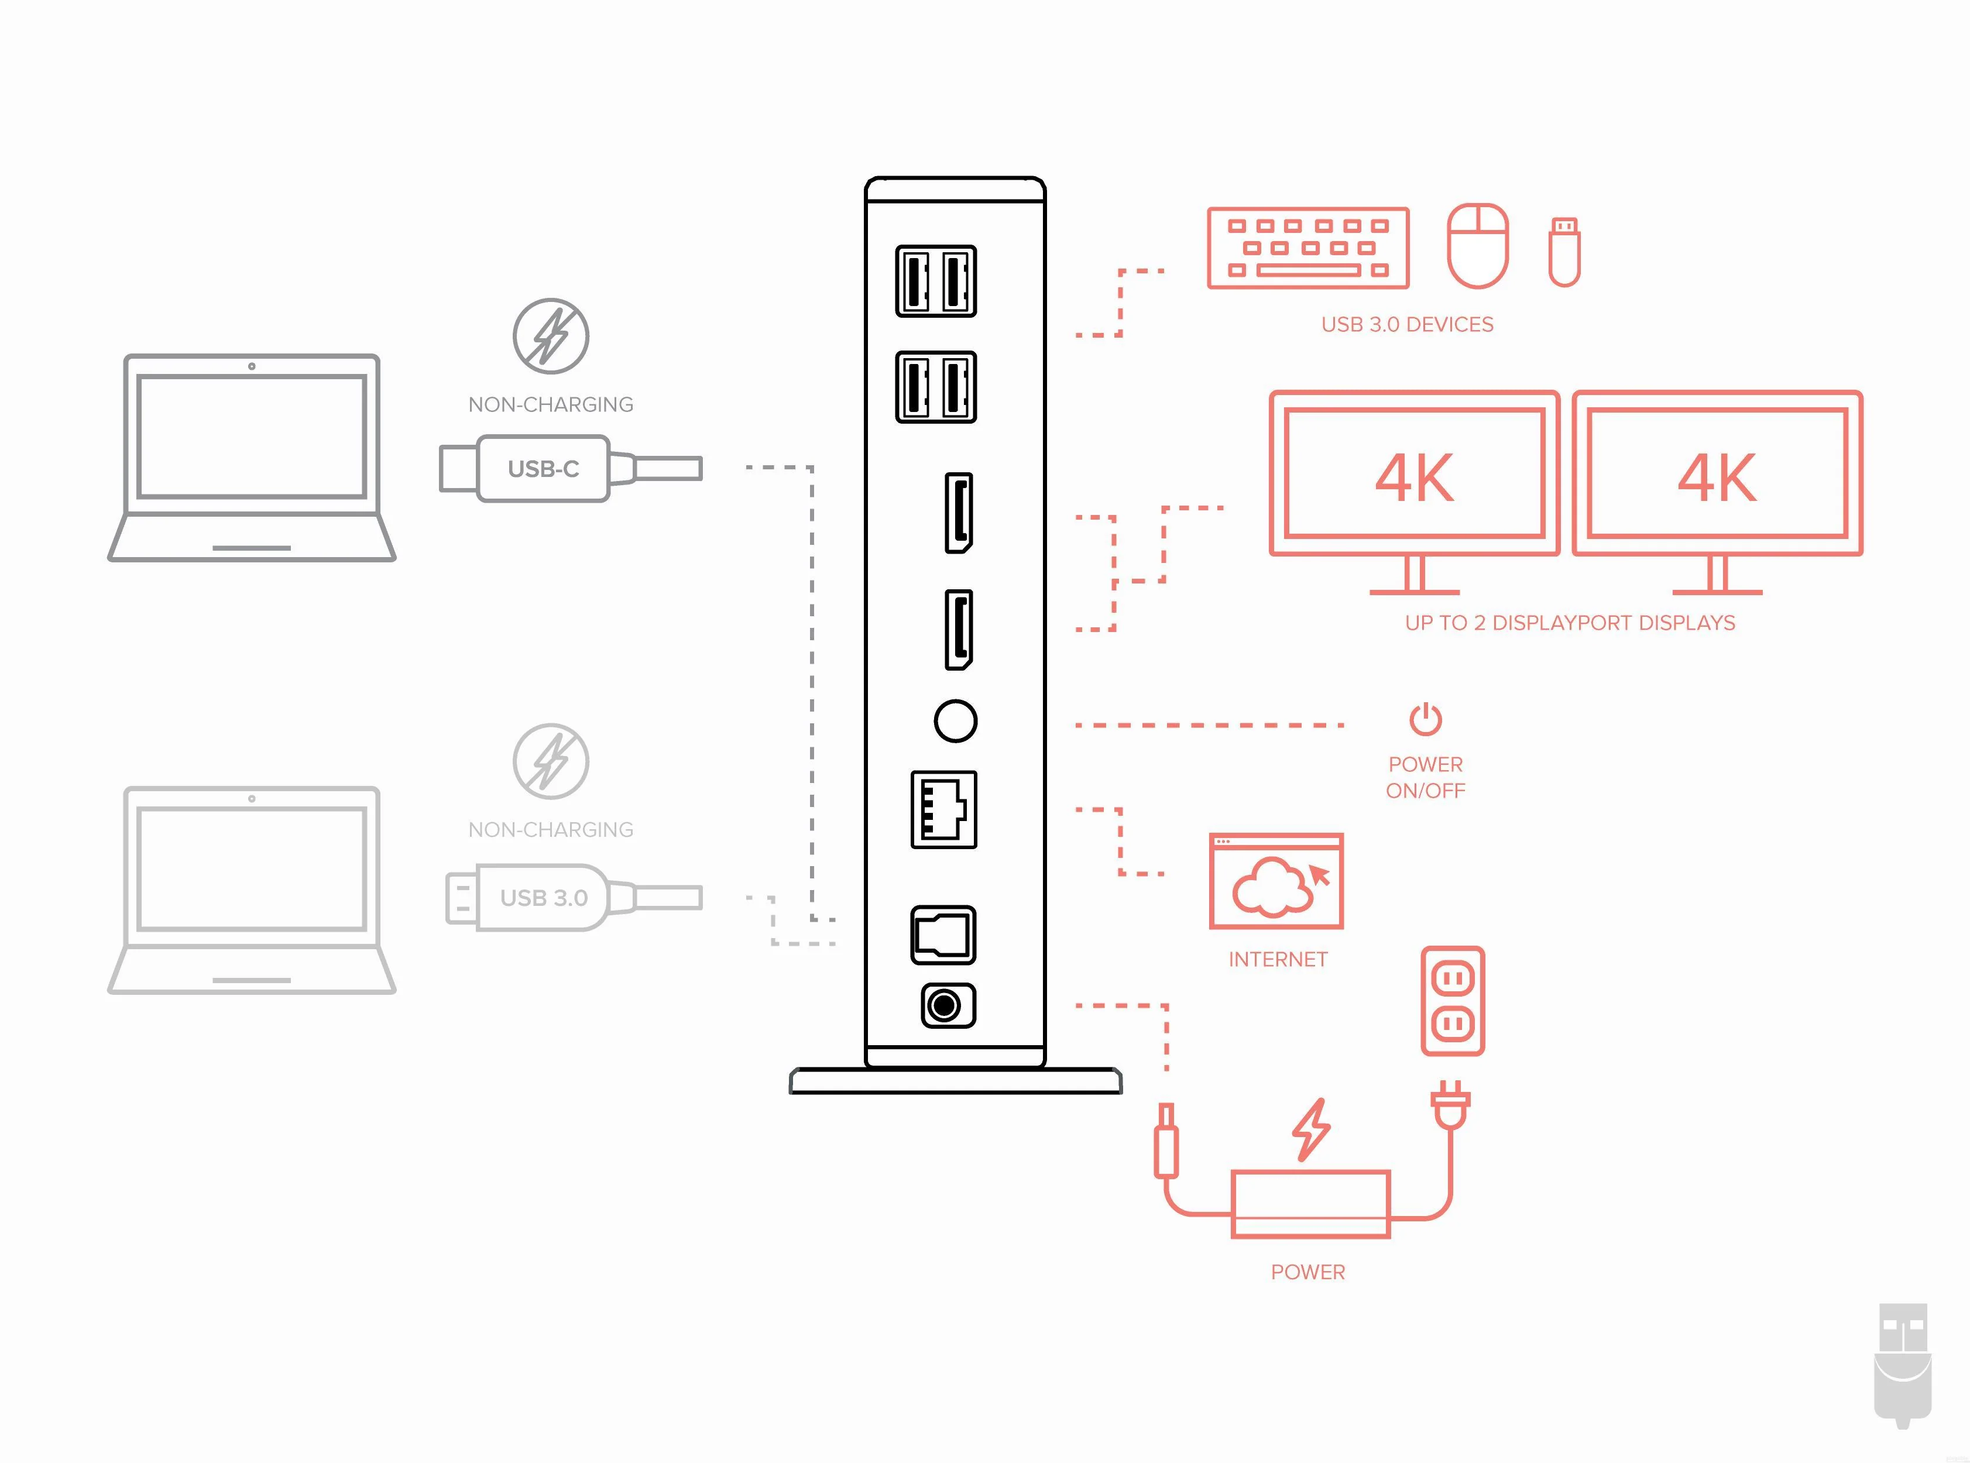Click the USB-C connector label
[x=543, y=469]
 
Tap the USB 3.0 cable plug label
[x=544, y=898]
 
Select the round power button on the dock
[x=955, y=721]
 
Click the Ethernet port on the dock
[x=943, y=809]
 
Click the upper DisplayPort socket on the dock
[x=959, y=513]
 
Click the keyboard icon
[x=1307, y=248]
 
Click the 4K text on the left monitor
[x=1414, y=478]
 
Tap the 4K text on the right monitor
[x=1717, y=478]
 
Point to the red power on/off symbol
[x=1425, y=719]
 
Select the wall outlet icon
[x=1453, y=1001]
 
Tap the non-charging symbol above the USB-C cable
[x=551, y=336]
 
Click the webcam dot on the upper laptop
[x=252, y=366]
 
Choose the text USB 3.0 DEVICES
[x=1406, y=325]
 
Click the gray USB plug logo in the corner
[x=1903, y=1364]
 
